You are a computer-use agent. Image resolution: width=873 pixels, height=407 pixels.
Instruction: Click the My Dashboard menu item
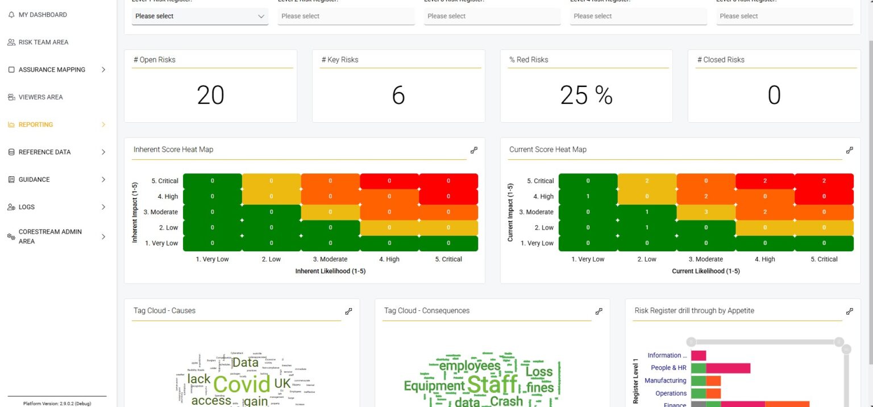[x=43, y=15]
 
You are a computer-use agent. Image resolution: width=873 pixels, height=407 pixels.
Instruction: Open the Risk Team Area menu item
[x=43, y=42]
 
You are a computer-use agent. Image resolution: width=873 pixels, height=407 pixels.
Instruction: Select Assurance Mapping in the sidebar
[x=52, y=70]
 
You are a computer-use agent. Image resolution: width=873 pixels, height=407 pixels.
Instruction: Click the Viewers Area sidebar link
[x=40, y=97]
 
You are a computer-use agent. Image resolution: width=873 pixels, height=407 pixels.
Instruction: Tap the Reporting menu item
[x=36, y=124]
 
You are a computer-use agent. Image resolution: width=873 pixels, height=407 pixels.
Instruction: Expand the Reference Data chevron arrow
[x=103, y=152]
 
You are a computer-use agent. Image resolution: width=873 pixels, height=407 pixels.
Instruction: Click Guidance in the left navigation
[x=34, y=180]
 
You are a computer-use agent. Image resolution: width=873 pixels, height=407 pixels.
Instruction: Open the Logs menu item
[x=27, y=207]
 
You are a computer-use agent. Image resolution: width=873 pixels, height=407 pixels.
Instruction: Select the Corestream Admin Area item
[x=50, y=236]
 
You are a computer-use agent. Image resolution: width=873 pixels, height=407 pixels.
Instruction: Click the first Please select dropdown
[x=200, y=16]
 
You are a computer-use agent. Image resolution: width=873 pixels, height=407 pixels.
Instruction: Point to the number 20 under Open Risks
[x=210, y=95]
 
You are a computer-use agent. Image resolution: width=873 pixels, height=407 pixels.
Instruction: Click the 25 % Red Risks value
[x=586, y=95]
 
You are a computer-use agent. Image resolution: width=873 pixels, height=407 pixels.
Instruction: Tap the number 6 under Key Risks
[x=398, y=95]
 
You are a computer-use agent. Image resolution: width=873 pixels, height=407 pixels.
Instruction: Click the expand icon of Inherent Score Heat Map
[x=474, y=150]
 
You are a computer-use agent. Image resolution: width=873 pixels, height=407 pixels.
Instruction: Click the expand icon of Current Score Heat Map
[x=849, y=150]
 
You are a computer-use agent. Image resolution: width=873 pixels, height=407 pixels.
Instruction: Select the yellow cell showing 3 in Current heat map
[x=706, y=212]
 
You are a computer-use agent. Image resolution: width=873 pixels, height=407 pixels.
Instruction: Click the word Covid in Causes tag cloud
[x=241, y=384]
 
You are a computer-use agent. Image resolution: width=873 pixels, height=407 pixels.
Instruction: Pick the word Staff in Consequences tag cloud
[x=492, y=384]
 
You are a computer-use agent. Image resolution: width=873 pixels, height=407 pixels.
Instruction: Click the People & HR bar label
[x=668, y=368]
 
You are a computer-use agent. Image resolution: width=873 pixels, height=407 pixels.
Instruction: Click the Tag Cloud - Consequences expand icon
[x=598, y=312]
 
